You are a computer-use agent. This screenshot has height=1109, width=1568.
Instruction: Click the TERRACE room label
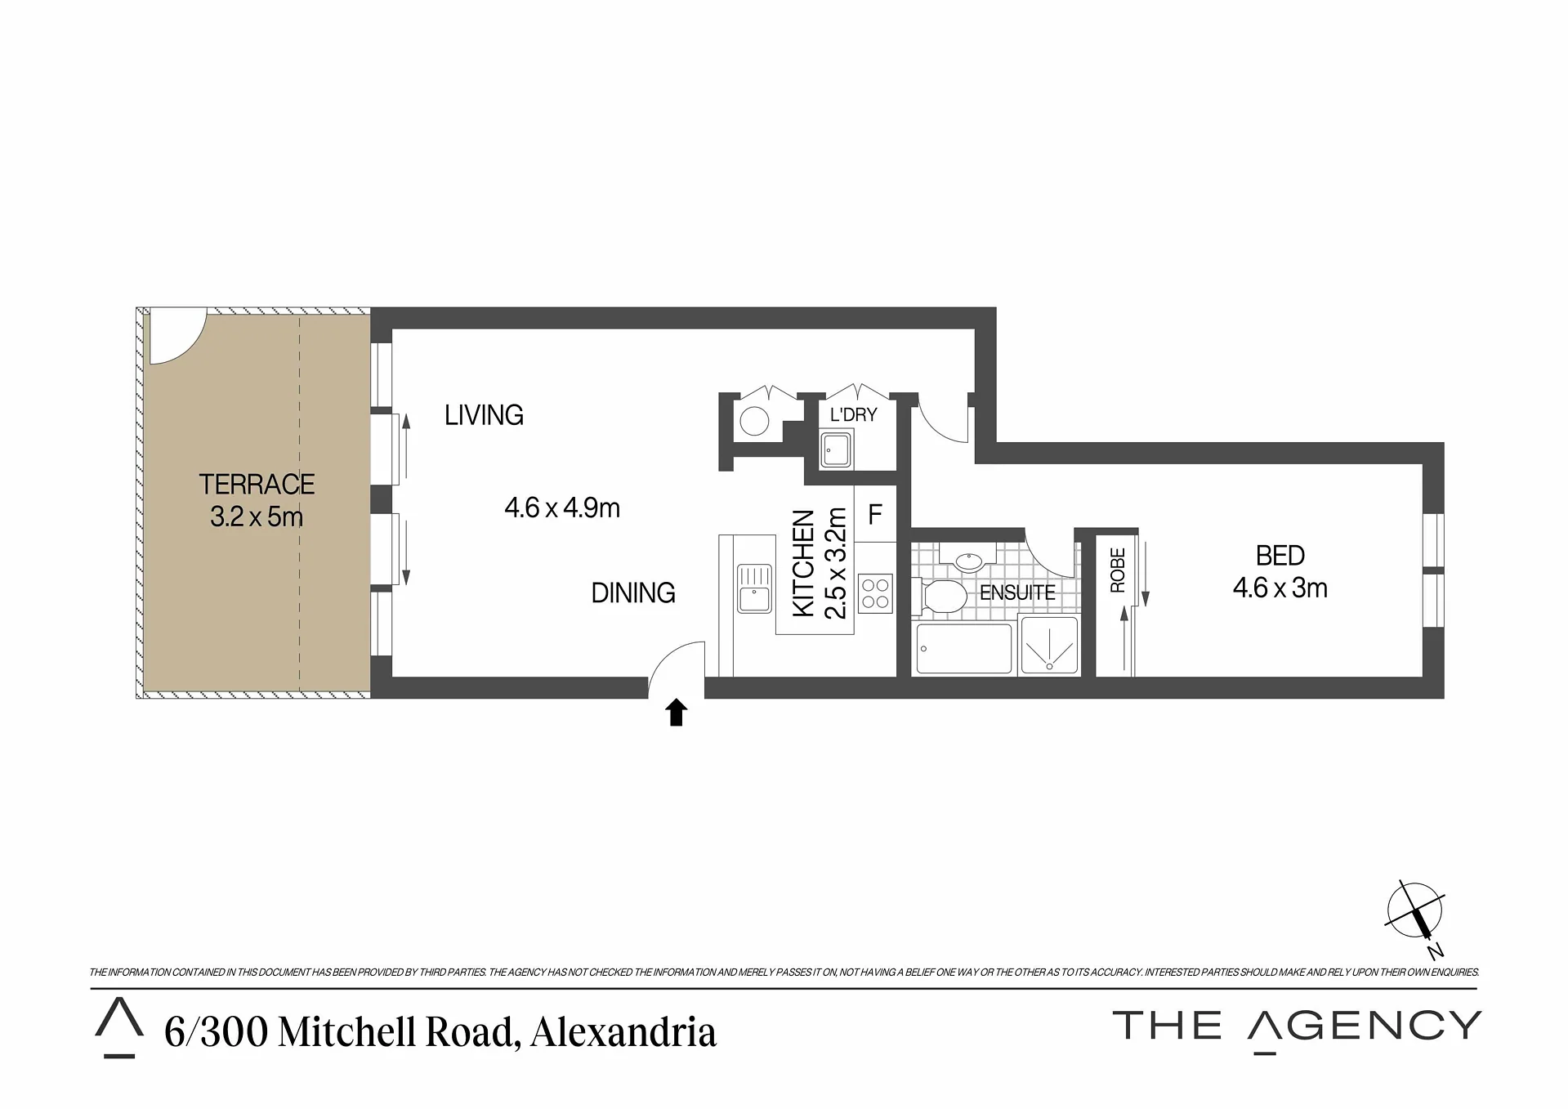(x=257, y=485)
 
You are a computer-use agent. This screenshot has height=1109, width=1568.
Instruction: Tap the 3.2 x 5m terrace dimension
(x=257, y=516)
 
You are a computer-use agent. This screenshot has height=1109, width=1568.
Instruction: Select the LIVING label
(x=484, y=415)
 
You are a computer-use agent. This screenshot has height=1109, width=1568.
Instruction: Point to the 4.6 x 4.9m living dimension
(x=562, y=508)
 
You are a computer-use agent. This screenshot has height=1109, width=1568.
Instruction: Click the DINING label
(x=633, y=593)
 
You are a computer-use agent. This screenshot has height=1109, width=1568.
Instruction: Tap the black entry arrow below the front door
(x=676, y=712)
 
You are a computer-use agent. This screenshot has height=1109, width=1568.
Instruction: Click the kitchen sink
(x=754, y=588)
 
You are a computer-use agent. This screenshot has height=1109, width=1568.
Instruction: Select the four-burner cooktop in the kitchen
(x=875, y=594)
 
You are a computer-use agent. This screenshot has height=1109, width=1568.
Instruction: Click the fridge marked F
(x=875, y=514)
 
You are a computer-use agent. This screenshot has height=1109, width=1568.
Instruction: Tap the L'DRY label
(x=853, y=414)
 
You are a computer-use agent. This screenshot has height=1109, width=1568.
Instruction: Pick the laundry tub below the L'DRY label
(x=836, y=450)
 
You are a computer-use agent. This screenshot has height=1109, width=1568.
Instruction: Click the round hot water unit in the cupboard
(x=754, y=422)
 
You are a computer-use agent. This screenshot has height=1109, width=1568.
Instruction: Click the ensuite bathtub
(x=964, y=649)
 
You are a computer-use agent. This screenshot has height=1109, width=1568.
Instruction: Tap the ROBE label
(x=1117, y=570)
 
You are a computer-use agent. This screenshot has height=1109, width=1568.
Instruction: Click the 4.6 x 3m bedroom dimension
(x=1280, y=588)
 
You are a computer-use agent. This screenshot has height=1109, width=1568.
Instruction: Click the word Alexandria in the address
(x=623, y=1032)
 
